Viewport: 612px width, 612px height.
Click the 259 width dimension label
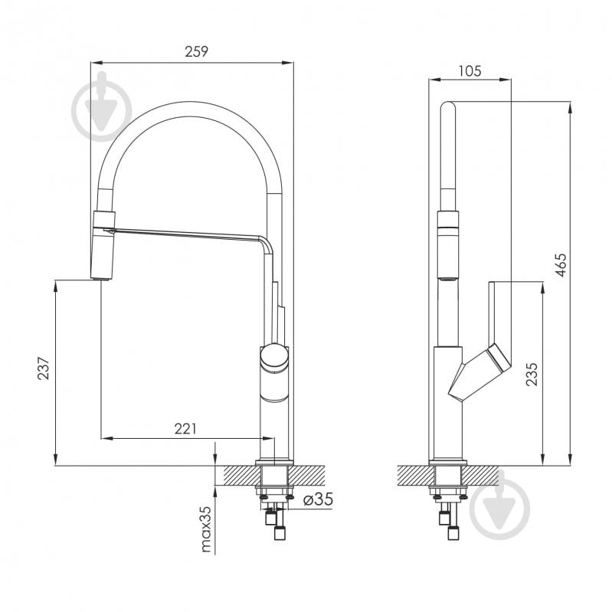point(196,51)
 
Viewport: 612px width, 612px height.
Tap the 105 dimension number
point(470,71)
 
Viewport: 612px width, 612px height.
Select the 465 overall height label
point(561,266)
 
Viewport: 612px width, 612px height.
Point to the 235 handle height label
point(532,375)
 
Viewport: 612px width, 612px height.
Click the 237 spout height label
point(44,368)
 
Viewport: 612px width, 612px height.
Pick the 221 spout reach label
point(185,429)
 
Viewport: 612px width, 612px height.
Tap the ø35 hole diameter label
point(318,499)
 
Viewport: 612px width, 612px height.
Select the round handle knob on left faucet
point(274,357)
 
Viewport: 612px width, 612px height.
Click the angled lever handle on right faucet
point(480,371)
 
